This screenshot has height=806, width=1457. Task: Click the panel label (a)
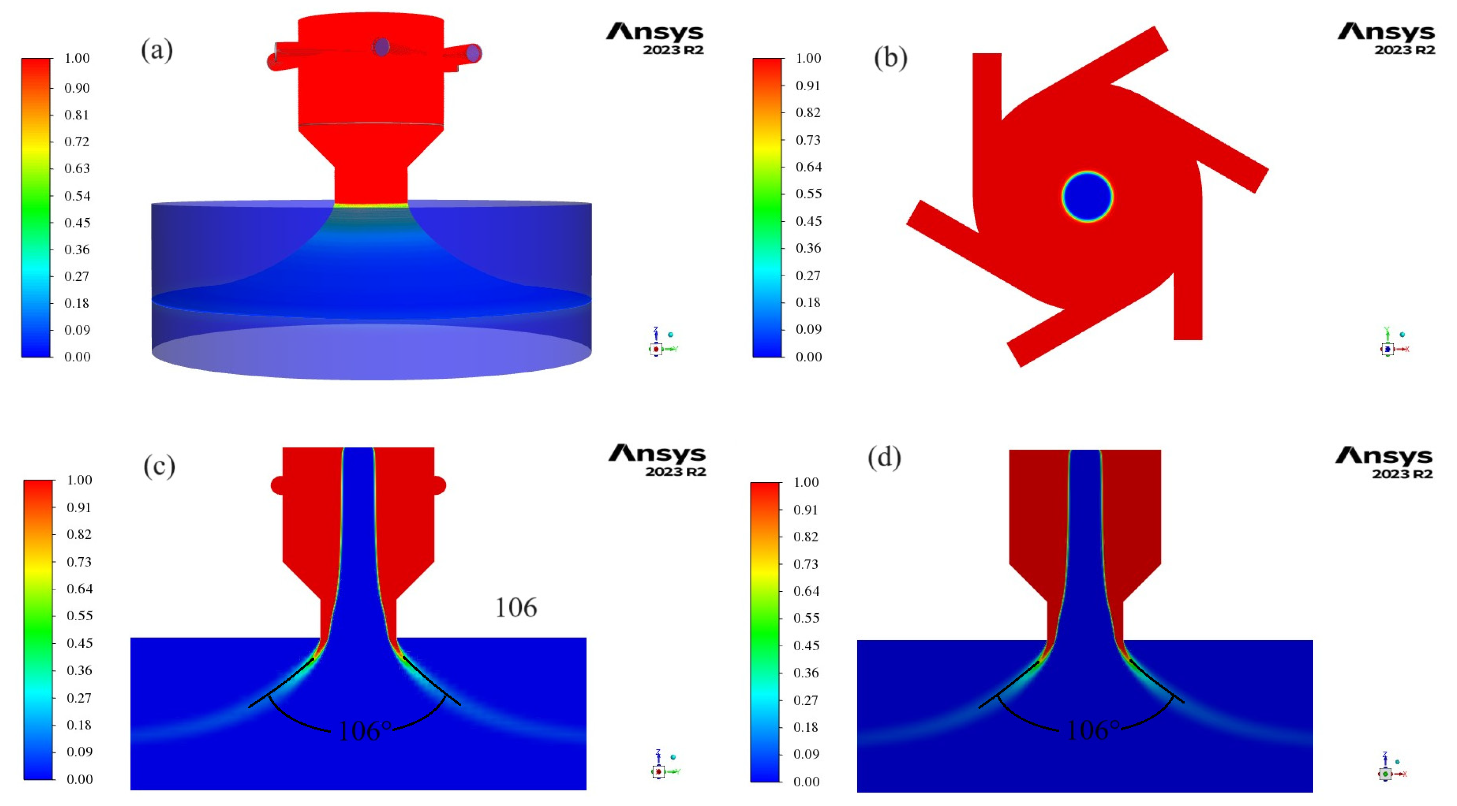tap(157, 50)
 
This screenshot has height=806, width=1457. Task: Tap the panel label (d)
tap(884, 457)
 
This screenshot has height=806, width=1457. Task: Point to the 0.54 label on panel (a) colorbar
tap(77, 195)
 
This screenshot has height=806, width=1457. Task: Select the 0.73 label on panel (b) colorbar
tap(808, 139)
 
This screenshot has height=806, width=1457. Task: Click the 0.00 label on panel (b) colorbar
tap(808, 356)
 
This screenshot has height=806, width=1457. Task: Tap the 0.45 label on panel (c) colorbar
tap(79, 643)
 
